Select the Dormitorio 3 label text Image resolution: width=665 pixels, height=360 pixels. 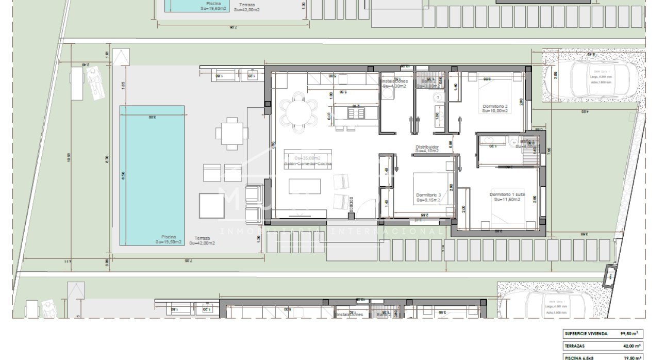tap(429, 195)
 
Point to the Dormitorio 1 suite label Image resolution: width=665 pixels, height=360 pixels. tap(507, 194)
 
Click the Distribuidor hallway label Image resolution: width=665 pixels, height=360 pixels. tap(427, 146)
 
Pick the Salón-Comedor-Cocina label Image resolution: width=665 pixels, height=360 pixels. tap(308, 164)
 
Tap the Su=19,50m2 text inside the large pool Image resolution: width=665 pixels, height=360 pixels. tap(169, 242)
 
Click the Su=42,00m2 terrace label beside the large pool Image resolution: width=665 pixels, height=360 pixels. tap(202, 243)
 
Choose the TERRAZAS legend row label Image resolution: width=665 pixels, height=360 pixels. tap(575, 346)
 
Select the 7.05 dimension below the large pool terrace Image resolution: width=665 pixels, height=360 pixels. tap(188, 261)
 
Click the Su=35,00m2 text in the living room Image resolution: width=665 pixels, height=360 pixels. tap(307, 158)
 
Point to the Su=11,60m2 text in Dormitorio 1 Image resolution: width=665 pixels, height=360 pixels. tap(507, 200)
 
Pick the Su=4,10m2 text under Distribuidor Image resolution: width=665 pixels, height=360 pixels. tap(427, 151)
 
